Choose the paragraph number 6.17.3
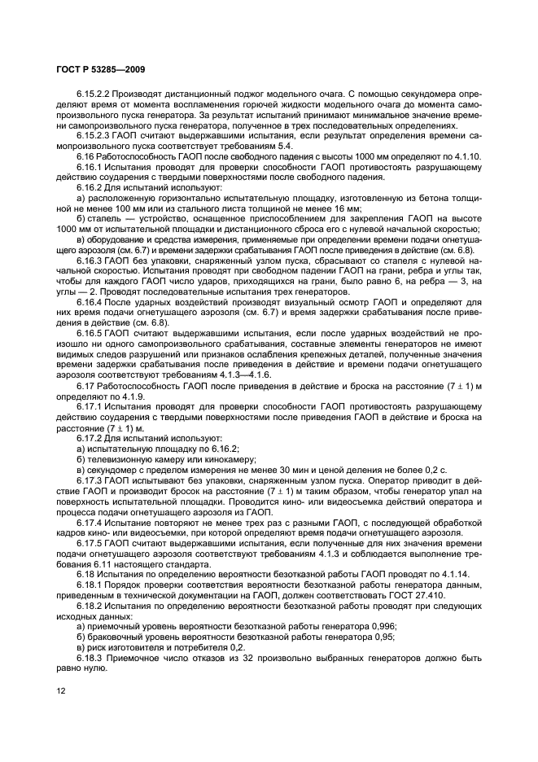point(90,481)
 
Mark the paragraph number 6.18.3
point(90,656)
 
